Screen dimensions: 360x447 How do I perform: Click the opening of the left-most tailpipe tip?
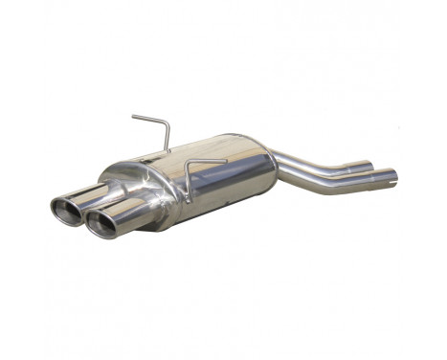point(65,210)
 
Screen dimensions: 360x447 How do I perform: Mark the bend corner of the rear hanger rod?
point(165,123)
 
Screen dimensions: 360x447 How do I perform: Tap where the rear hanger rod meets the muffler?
point(168,151)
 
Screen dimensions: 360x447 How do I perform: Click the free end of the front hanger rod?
point(225,160)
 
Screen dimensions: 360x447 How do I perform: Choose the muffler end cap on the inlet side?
point(269,163)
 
